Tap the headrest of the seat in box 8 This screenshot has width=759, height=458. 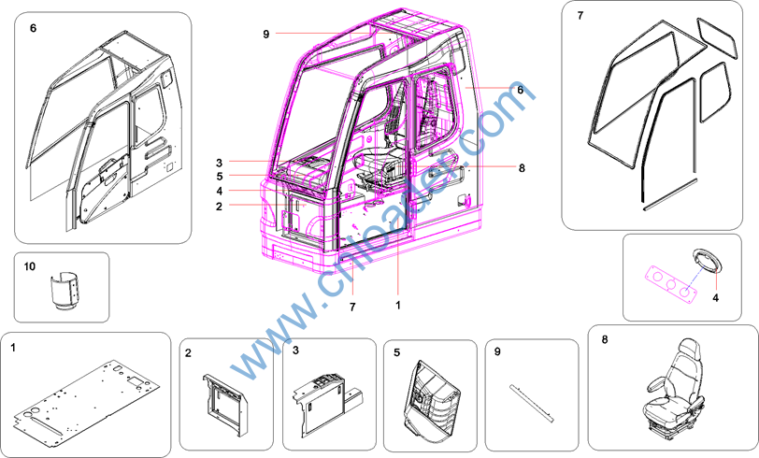click(x=689, y=350)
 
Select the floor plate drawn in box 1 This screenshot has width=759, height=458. click(x=86, y=398)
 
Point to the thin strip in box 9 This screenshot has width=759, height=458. click(x=532, y=403)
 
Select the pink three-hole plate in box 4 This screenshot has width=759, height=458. click(x=670, y=285)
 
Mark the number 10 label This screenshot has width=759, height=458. click(x=30, y=266)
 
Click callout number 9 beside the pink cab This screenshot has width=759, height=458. click(x=265, y=34)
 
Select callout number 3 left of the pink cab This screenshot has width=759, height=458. click(x=220, y=163)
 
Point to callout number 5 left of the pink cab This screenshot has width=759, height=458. click(x=220, y=177)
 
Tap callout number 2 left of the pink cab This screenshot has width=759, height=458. click(x=220, y=207)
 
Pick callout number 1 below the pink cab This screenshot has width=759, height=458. click(x=398, y=305)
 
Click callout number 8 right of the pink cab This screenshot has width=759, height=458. click(x=522, y=168)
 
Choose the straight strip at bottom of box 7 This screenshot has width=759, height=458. click(x=670, y=194)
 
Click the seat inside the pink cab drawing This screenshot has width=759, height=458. click(x=382, y=165)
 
